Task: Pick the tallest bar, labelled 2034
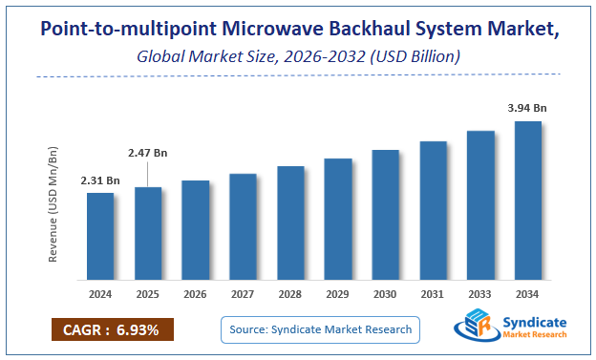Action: click(527, 201)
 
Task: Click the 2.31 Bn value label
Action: click(100, 180)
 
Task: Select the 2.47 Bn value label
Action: click(148, 152)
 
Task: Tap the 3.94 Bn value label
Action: click(527, 109)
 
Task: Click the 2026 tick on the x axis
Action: click(195, 295)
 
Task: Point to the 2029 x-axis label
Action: click(337, 295)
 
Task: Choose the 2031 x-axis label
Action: click(433, 295)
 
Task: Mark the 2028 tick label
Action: click(290, 295)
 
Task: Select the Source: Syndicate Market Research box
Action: click(321, 329)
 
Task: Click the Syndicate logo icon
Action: click(474, 327)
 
